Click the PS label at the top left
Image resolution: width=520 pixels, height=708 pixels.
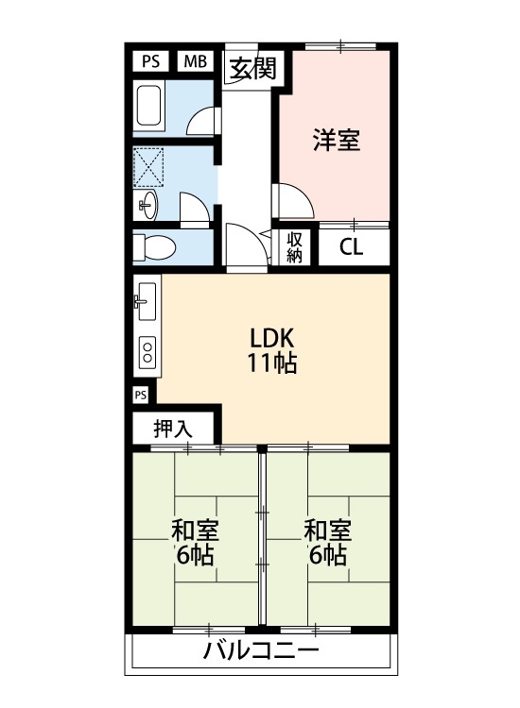[150, 62]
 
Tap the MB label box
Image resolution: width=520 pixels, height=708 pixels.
[196, 62]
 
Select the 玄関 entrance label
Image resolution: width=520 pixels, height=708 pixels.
[251, 69]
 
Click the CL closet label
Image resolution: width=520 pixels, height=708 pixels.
[352, 249]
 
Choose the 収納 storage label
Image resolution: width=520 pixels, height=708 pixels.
[295, 247]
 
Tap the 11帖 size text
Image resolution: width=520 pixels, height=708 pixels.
[273, 363]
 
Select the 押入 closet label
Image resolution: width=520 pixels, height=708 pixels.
[173, 428]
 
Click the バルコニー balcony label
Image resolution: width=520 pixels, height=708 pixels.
[260, 651]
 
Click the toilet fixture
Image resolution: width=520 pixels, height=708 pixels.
[154, 247]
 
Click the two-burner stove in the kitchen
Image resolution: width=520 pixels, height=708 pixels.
[147, 354]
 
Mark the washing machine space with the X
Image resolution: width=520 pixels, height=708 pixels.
[149, 165]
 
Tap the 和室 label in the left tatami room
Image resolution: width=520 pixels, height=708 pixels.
[195, 529]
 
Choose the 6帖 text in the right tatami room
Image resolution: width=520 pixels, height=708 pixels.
[327, 554]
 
